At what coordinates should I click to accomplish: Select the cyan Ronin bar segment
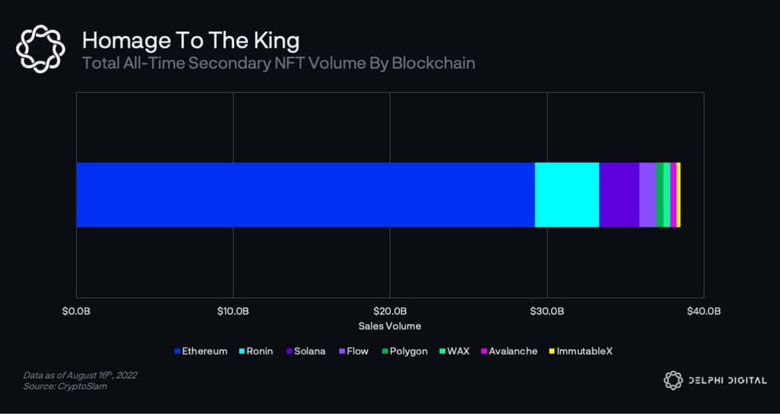click(566, 195)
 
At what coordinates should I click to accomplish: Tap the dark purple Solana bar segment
click(619, 195)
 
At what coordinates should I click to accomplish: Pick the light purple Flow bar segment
click(647, 195)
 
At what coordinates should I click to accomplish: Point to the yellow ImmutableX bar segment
click(678, 195)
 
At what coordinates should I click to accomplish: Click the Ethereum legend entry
click(200, 351)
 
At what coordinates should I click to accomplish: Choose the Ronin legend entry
click(255, 351)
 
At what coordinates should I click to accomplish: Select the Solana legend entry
click(305, 351)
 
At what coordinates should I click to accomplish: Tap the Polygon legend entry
click(404, 351)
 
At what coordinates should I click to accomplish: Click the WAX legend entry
click(454, 351)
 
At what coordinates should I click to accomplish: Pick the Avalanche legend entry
click(509, 351)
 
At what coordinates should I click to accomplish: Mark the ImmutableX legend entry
click(581, 351)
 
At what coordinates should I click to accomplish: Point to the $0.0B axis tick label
click(76, 311)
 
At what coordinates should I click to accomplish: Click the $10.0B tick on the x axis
click(233, 311)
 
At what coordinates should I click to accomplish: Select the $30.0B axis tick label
click(547, 311)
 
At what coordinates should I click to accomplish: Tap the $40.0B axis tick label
click(704, 311)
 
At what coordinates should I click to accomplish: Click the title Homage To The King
click(191, 41)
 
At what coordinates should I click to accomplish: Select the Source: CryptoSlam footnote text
click(65, 386)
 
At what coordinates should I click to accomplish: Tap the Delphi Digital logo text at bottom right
click(725, 380)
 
